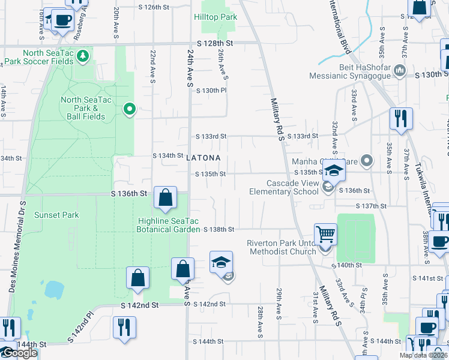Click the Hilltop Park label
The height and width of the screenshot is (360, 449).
click(215, 17)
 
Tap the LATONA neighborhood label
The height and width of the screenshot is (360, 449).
click(203, 158)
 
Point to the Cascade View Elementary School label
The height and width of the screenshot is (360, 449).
click(284, 187)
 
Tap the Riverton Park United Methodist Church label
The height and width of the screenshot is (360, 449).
click(282, 247)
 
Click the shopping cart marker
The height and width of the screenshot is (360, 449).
click(325, 234)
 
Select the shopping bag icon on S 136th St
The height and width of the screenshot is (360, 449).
click(165, 197)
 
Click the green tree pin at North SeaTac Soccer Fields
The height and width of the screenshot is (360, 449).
click(83, 56)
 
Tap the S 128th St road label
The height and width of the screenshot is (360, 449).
click(214, 44)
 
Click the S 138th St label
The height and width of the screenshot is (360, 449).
click(218, 229)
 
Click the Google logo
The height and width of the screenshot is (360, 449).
click(19, 353)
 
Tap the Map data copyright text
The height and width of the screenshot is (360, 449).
click(423, 355)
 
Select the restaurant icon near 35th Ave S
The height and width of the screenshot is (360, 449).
click(401, 119)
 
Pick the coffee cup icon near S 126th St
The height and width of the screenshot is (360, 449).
click(62, 19)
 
